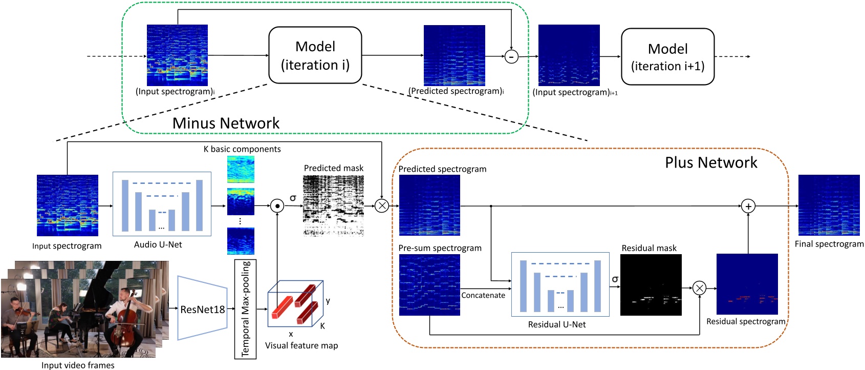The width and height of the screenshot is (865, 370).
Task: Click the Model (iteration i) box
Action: [315, 55]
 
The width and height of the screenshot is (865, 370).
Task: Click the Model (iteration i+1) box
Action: [667, 57]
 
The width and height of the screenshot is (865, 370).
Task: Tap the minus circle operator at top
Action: [511, 56]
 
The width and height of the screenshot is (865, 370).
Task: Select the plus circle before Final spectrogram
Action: [748, 206]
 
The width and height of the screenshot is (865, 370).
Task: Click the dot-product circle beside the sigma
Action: [277, 206]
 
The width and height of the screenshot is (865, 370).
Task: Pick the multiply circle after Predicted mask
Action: [382, 206]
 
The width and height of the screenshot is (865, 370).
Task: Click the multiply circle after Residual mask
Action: [699, 288]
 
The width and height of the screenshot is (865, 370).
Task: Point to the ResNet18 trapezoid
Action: [202, 309]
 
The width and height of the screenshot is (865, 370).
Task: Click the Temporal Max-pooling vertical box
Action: [245, 309]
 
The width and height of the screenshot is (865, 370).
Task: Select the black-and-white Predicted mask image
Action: [333, 205]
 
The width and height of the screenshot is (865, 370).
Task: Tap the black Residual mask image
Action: [651, 284]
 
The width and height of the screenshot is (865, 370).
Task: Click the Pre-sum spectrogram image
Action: [429, 284]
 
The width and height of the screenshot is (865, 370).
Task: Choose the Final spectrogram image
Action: [829, 205]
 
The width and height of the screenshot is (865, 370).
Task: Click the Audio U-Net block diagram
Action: [162, 204]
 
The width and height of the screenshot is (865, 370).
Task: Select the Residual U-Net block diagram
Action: [560, 284]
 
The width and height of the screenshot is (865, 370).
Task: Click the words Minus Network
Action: [226, 123]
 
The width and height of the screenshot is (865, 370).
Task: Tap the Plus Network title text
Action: [710, 162]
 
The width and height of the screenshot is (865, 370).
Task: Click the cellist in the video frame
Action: [126, 318]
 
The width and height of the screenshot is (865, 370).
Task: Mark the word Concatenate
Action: [483, 295]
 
